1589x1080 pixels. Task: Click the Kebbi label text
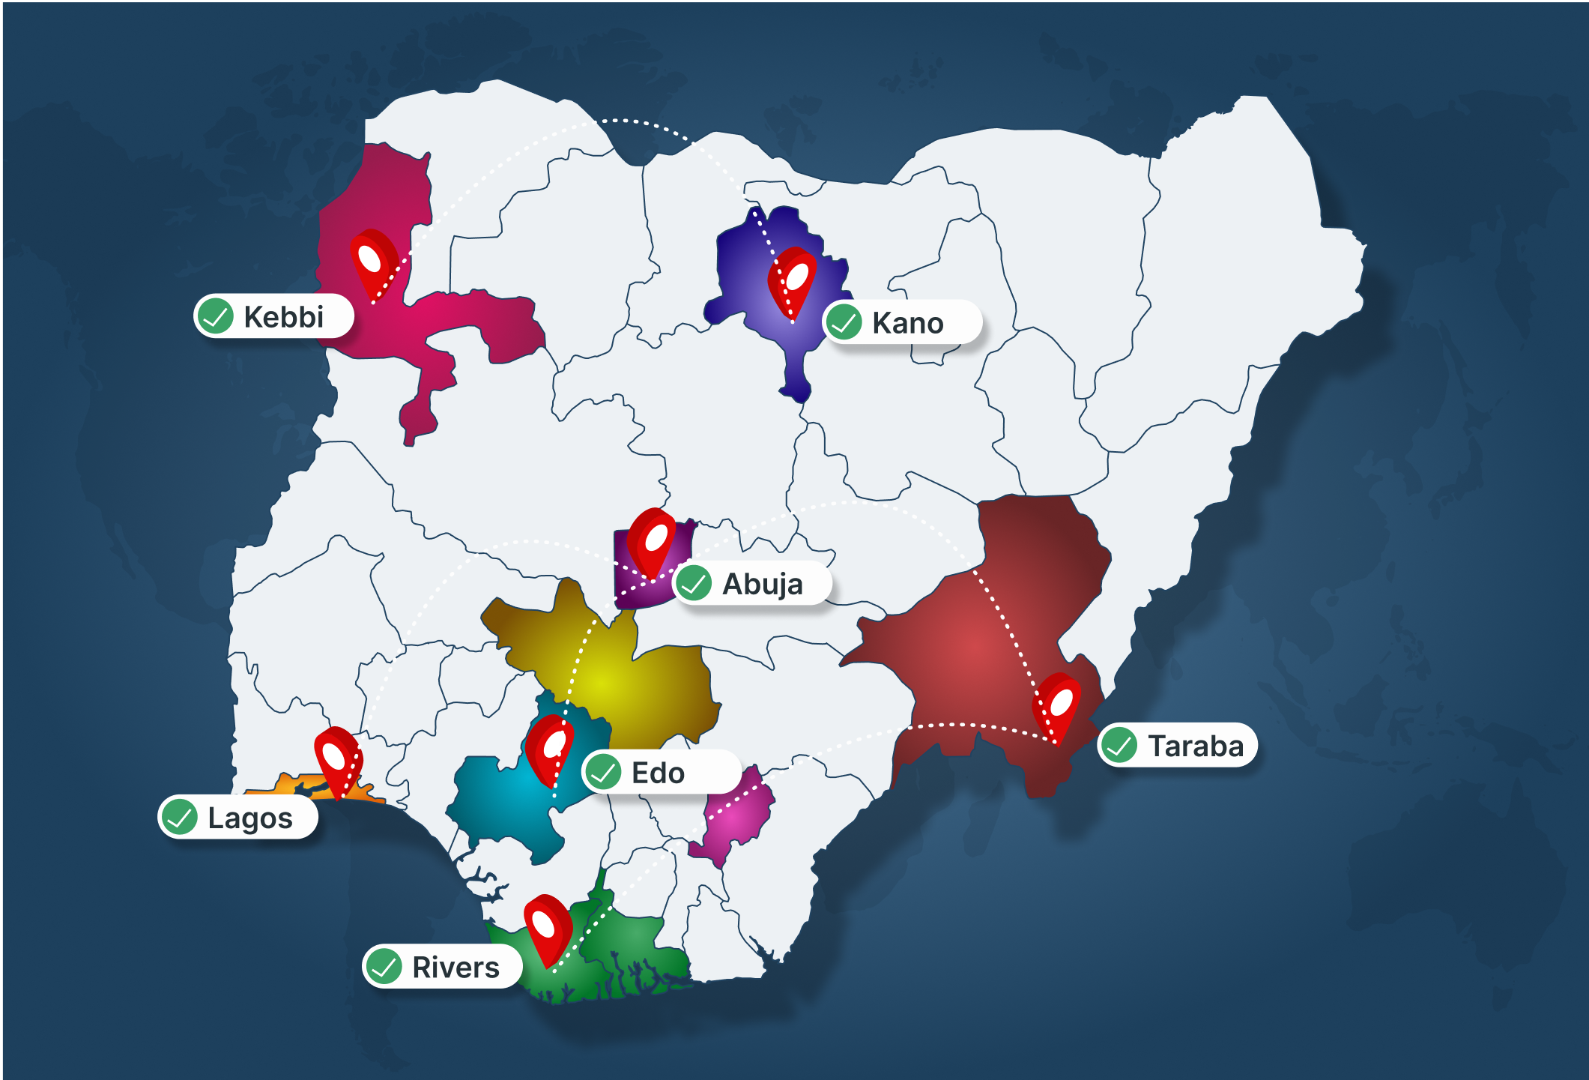pyautogui.click(x=283, y=317)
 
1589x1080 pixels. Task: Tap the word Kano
pyautogui.click(x=907, y=323)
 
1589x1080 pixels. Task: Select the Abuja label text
pyautogui.click(x=762, y=584)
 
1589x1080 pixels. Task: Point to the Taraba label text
pyautogui.click(x=1195, y=746)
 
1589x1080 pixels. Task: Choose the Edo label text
pyautogui.click(x=658, y=773)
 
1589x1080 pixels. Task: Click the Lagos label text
pyautogui.click(x=249, y=818)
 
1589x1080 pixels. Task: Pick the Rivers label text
pyautogui.click(x=455, y=967)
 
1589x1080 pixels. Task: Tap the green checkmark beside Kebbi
pyautogui.click(x=216, y=316)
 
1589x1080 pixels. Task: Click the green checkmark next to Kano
pyautogui.click(x=844, y=322)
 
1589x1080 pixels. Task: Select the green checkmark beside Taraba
pyautogui.click(x=1119, y=745)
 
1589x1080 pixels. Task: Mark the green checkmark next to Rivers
pyautogui.click(x=384, y=966)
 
